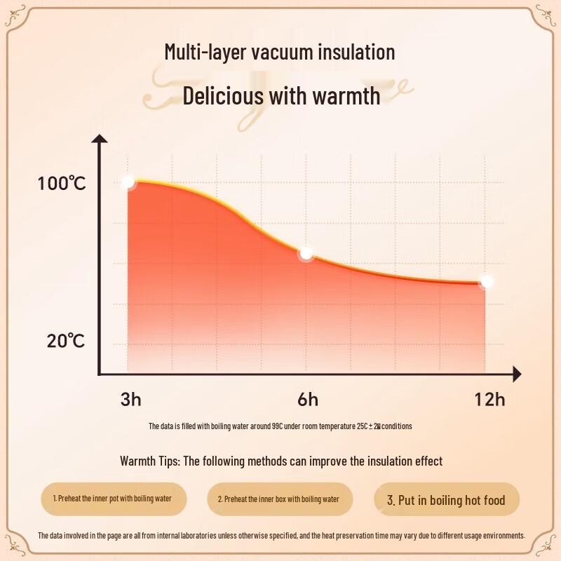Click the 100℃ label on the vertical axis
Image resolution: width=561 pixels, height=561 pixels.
click(x=62, y=184)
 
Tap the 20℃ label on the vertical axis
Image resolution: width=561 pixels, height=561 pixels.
click(x=66, y=342)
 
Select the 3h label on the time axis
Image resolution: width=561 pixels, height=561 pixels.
click(x=130, y=400)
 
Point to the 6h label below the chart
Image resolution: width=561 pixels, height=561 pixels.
click(x=307, y=400)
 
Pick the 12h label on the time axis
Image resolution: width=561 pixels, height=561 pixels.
click(x=489, y=400)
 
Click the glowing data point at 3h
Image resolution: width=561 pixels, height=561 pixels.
click(x=128, y=182)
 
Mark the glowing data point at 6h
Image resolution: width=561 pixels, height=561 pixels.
click(x=306, y=253)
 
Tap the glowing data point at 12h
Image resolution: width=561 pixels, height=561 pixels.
click(x=486, y=282)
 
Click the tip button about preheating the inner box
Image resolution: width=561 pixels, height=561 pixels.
click(x=278, y=499)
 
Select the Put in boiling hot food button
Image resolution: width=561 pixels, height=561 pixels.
click(x=446, y=500)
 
